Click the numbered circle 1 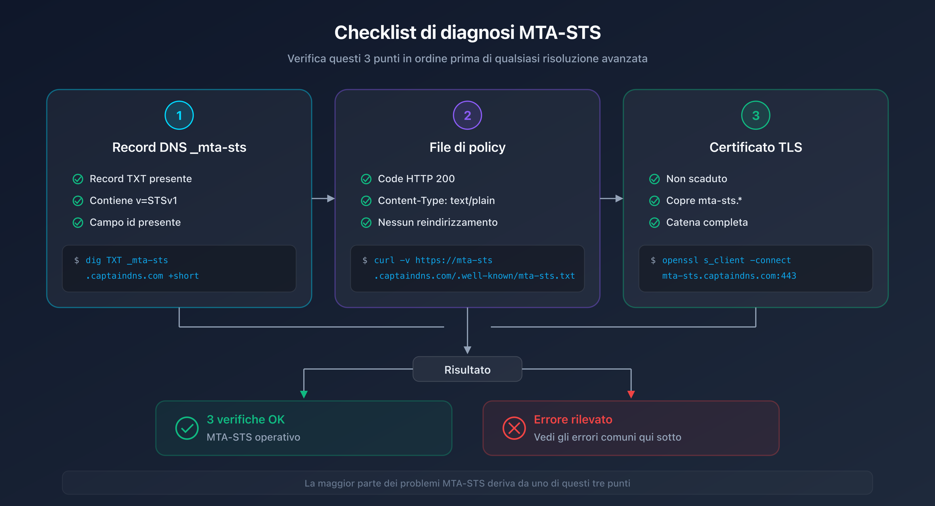click(x=179, y=115)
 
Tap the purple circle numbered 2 click(x=467, y=115)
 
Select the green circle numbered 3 click(x=755, y=115)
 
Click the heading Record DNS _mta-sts click(x=179, y=147)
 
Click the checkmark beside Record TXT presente click(x=78, y=179)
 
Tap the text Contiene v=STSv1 click(x=133, y=201)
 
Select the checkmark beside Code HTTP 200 click(x=366, y=179)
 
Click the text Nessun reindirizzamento click(x=437, y=222)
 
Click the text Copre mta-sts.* click(x=704, y=201)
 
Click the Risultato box click(x=467, y=370)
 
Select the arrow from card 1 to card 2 click(x=323, y=199)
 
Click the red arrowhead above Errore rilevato click(x=631, y=394)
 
